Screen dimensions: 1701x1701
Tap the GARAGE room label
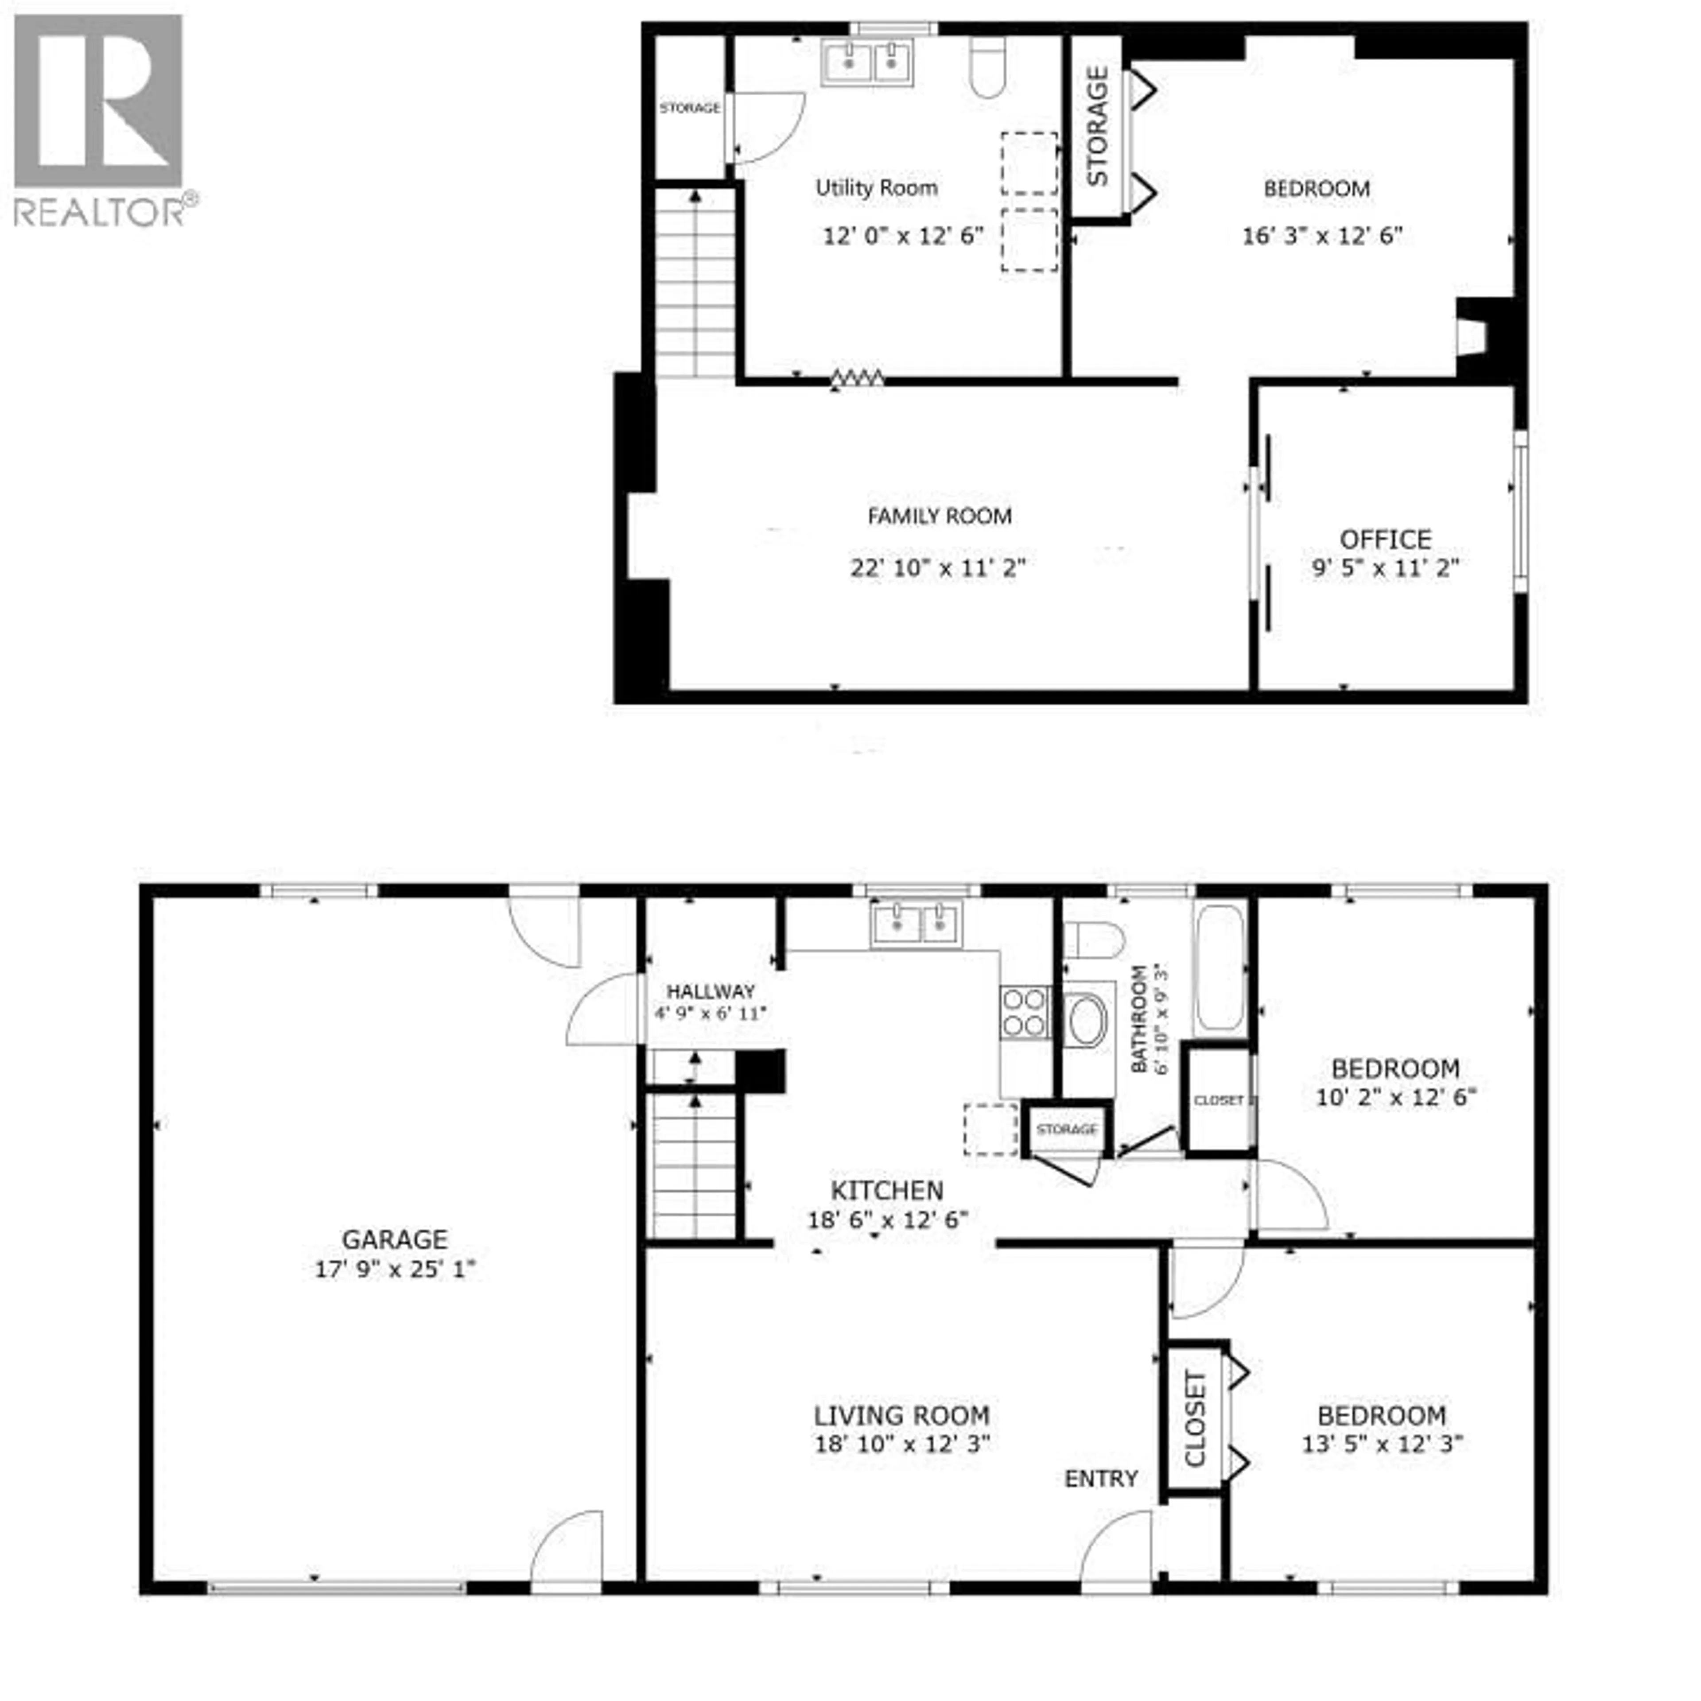pos(394,1240)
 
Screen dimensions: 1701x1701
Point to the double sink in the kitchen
pos(917,924)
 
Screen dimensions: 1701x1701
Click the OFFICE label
pos(1385,539)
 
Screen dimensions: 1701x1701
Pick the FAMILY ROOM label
pos(940,516)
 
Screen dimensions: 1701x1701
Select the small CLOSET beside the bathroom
pos(1219,1099)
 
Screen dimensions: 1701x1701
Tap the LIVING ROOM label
pos(901,1416)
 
